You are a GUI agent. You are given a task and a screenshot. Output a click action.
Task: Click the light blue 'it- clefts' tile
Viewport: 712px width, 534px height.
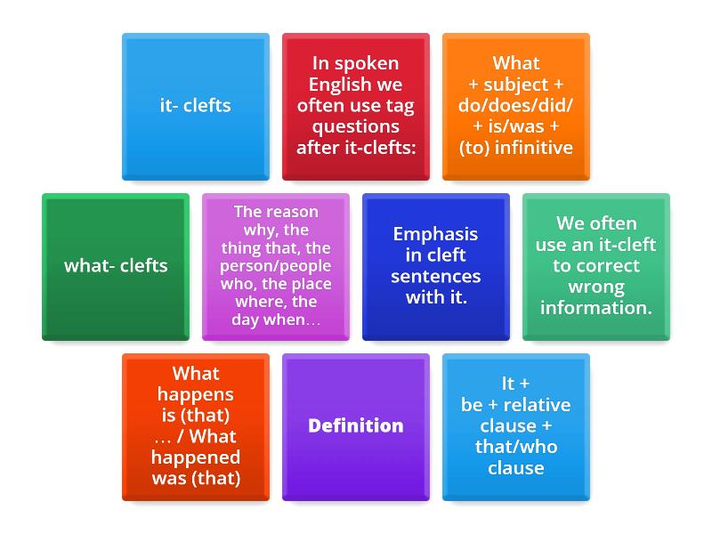click(x=195, y=106)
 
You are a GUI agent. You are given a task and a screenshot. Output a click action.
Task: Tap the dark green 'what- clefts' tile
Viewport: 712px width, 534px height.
click(x=116, y=266)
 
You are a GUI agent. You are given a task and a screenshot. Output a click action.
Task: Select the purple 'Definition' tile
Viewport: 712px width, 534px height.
click(x=355, y=426)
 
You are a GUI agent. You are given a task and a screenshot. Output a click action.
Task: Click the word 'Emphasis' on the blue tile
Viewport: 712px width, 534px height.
click(x=435, y=235)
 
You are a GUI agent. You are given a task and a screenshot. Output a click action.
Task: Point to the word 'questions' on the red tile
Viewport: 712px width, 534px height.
click(x=355, y=126)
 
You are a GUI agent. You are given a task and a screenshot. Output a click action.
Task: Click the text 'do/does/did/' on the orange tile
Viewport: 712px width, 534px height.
click(x=515, y=106)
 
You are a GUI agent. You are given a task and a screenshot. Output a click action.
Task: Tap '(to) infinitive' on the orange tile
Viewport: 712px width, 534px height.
click(x=515, y=148)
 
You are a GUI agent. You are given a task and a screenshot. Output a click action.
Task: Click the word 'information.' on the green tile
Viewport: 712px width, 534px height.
click(x=595, y=308)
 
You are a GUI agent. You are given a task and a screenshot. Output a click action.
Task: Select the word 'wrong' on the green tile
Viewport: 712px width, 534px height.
click(x=595, y=287)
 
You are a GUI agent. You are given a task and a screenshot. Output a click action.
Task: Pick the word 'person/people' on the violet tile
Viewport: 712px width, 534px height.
click(x=276, y=267)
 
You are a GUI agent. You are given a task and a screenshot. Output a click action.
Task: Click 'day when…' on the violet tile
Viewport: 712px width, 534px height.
click(x=276, y=320)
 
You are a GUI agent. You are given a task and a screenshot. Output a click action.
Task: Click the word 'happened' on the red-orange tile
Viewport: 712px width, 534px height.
click(x=195, y=457)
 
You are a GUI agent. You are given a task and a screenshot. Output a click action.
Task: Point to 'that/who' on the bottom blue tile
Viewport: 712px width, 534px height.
click(x=515, y=447)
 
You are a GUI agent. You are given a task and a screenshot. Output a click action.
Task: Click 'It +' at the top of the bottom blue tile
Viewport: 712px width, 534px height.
click(x=515, y=384)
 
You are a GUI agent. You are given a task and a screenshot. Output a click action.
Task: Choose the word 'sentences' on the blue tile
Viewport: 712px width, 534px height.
click(x=435, y=277)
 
